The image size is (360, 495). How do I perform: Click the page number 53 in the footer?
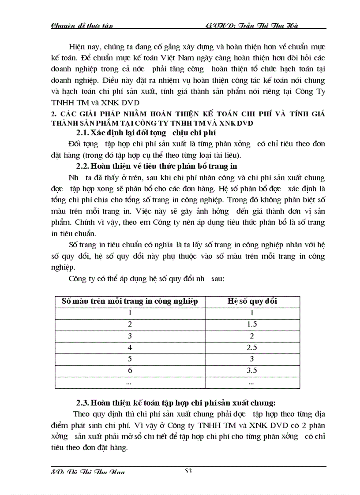point(188,471)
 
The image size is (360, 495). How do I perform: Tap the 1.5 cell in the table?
point(252,324)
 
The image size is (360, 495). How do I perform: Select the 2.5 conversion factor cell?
point(252,347)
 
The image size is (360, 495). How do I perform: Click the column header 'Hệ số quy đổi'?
point(252,301)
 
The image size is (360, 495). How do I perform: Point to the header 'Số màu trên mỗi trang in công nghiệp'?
point(130,301)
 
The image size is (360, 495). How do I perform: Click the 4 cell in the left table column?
point(130,347)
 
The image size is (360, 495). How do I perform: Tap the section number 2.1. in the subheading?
point(79,133)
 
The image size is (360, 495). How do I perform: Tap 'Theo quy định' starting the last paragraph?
point(95,414)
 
